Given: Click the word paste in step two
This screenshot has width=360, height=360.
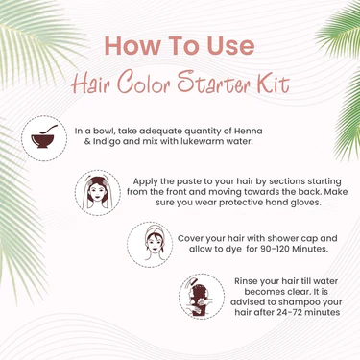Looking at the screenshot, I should point(174,179).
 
